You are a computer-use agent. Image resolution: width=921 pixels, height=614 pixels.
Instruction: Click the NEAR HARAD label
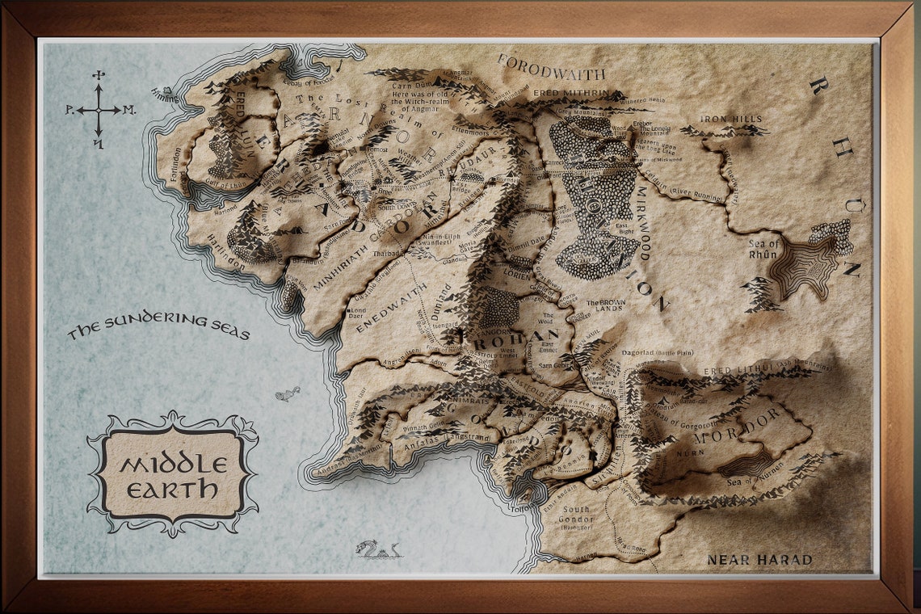coord(759,559)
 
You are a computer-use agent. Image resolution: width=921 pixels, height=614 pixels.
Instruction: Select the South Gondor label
coord(579,515)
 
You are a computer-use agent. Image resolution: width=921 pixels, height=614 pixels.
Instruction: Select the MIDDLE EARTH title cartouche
coord(172,473)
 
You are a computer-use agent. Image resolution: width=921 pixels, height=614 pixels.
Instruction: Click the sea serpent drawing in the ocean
coord(377,550)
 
